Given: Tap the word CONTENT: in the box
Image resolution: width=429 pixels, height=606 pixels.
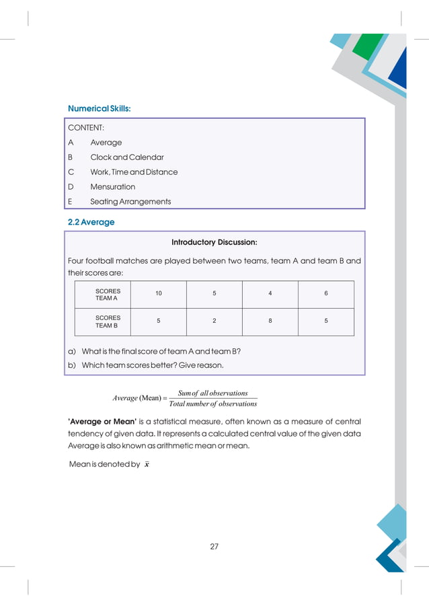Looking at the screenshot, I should [85, 127].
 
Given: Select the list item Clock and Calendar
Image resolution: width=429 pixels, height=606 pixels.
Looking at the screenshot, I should [126, 157].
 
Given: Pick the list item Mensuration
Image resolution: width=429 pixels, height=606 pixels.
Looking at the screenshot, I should [112, 187].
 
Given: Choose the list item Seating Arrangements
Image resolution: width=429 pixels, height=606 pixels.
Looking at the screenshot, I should [130, 202].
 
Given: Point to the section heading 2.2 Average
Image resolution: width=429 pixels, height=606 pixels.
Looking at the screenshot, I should [91, 222].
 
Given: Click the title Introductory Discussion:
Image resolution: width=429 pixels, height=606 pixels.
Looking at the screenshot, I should [214, 242].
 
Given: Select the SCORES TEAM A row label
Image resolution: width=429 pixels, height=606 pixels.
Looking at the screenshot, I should [108, 295].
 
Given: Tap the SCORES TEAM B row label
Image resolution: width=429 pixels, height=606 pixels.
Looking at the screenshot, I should [108, 321].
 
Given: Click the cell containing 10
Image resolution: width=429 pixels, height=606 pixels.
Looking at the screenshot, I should [159, 294].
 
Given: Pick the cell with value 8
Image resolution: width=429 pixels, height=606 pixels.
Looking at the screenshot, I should [270, 321].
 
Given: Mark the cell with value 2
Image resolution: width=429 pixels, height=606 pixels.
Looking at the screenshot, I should [214, 321].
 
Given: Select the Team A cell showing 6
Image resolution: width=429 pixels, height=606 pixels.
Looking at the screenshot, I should [325, 294].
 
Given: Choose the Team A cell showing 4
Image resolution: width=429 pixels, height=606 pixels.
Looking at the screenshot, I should [270, 294].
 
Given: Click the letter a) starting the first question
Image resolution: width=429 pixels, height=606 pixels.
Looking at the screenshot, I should [72, 352].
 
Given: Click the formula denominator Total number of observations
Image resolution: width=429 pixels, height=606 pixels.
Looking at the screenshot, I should [213, 404].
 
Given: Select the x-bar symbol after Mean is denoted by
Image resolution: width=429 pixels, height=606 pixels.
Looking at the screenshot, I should [147, 464].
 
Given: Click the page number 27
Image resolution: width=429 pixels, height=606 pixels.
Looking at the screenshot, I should [214, 547].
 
